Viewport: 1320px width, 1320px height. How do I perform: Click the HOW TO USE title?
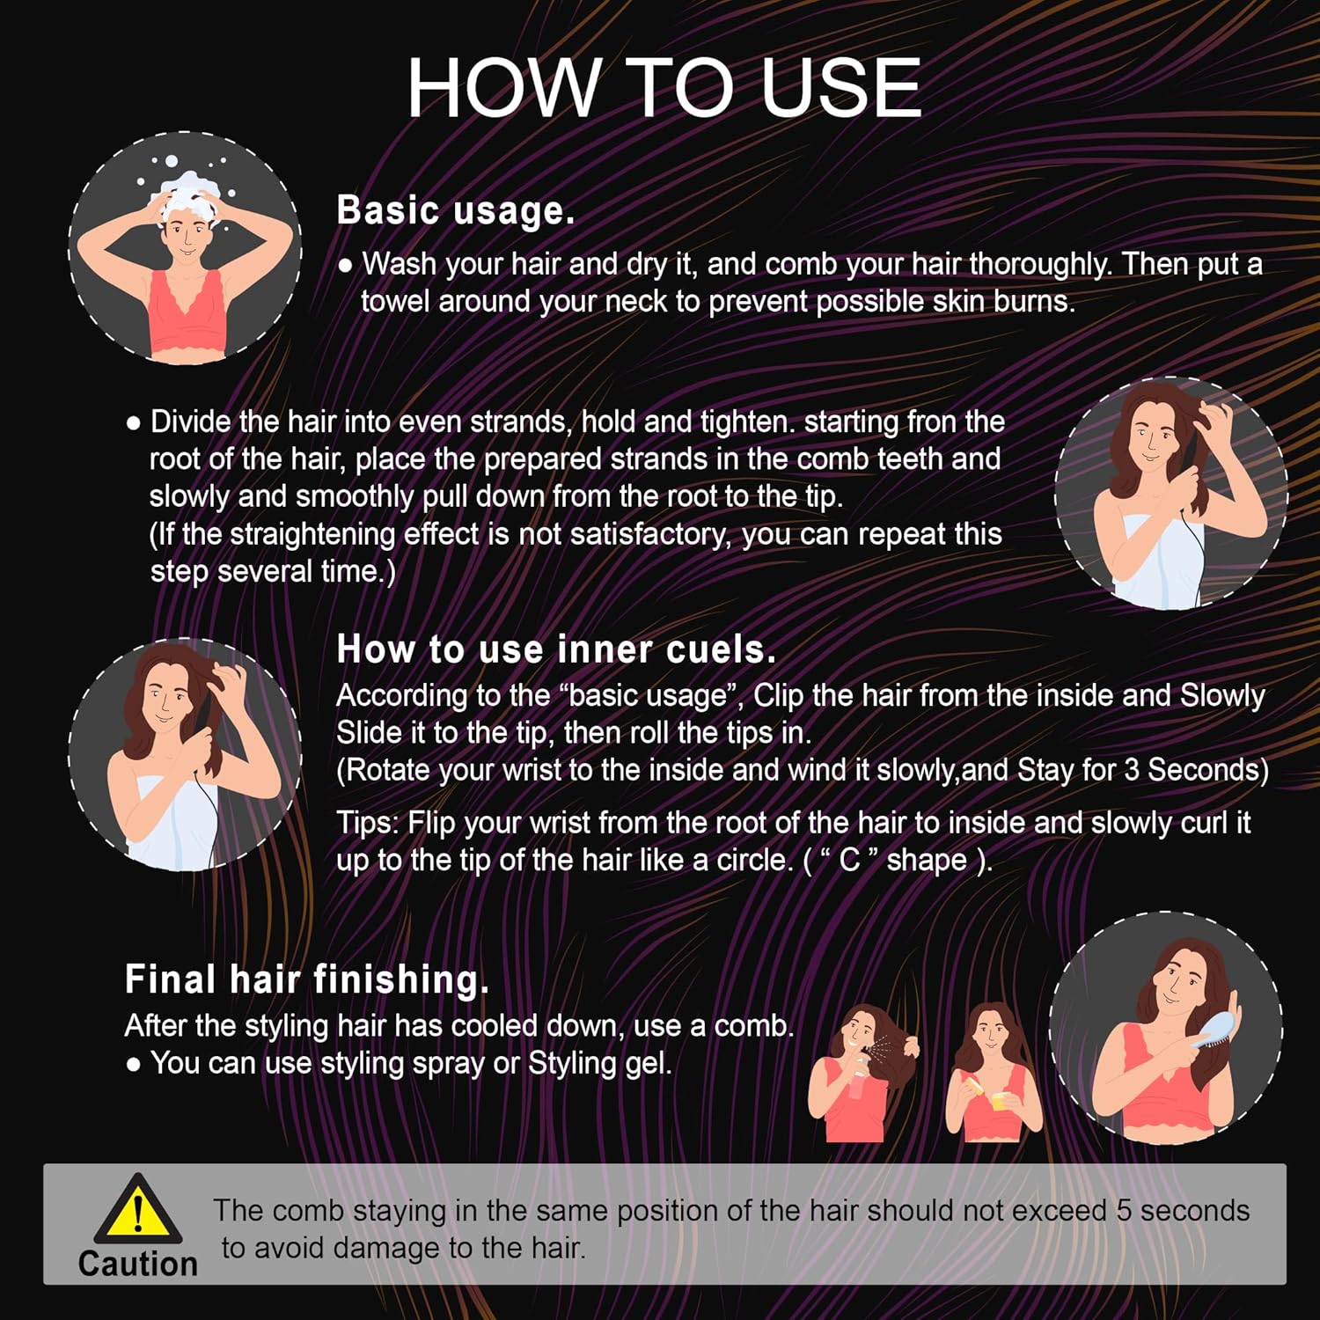click(x=664, y=88)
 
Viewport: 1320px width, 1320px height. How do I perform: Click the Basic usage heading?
click(x=455, y=211)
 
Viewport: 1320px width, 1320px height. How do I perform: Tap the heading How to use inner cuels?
click(x=556, y=649)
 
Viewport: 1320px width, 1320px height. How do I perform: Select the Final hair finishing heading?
click(x=306, y=979)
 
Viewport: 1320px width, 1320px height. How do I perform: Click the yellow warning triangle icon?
click(x=137, y=1210)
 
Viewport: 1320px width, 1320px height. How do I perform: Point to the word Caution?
click(x=137, y=1264)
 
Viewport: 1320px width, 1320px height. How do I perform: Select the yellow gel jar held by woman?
click(x=1001, y=1100)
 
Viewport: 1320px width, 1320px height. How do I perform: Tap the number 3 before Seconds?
click(x=1133, y=770)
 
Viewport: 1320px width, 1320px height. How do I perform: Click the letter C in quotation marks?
click(x=849, y=860)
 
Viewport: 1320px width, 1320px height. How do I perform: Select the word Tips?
click(x=368, y=823)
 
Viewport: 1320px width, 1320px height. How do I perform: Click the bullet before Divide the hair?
click(x=134, y=423)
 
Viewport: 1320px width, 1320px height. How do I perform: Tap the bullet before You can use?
click(x=134, y=1065)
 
